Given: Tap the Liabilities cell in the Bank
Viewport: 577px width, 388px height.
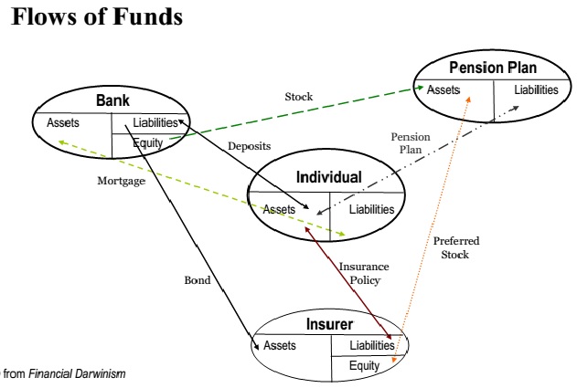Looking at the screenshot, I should pyautogui.click(x=155, y=123).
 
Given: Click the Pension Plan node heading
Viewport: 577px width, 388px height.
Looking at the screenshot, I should pyautogui.click(x=492, y=68).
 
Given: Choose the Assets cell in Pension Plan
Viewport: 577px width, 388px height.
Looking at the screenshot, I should pyautogui.click(x=444, y=89).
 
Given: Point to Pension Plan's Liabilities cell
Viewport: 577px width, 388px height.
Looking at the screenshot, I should pyautogui.click(x=535, y=89).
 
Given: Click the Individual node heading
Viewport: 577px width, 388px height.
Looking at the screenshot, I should pyautogui.click(x=329, y=177).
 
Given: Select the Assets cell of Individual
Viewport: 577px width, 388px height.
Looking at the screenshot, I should pyautogui.click(x=280, y=209).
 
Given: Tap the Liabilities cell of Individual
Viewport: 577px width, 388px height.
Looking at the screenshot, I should pyautogui.click(x=371, y=209).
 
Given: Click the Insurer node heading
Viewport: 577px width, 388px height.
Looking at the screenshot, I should pyautogui.click(x=329, y=324).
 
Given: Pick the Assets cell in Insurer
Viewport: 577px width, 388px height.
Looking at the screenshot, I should pyautogui.click(x=280, y=345).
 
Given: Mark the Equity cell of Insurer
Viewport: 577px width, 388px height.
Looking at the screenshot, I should pyautogui.click(x=364, y=365).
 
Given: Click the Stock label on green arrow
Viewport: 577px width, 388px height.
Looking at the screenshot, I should pyautogui.click(x=300, y=95).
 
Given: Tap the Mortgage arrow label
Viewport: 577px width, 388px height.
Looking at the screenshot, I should pyautogui.click(x=122, y=181).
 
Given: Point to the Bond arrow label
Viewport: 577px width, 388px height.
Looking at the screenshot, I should pyautogui.click(x=198, y=280).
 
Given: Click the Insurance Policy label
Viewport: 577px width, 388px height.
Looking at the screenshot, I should pyautogui.click(x=365, y=273).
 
